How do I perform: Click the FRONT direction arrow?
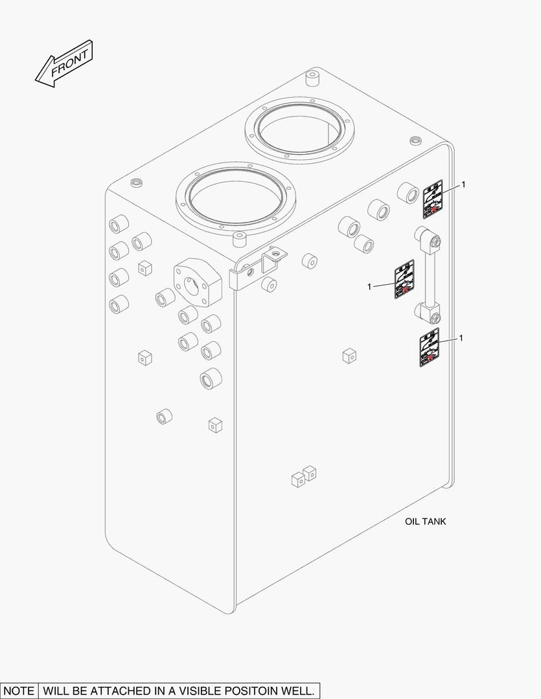click(63, 62)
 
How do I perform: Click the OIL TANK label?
click(425, 521)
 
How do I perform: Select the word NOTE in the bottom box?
click(19, 691)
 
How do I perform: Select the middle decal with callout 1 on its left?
click(404, 280)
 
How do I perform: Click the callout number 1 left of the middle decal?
click(369, 286)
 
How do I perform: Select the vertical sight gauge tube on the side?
click(428, 275)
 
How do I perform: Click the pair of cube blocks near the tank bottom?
click(304, 477)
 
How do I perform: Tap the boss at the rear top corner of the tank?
click(312, 79)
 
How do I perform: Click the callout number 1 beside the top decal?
click(463, 184)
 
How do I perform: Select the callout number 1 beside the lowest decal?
click(461, 338)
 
